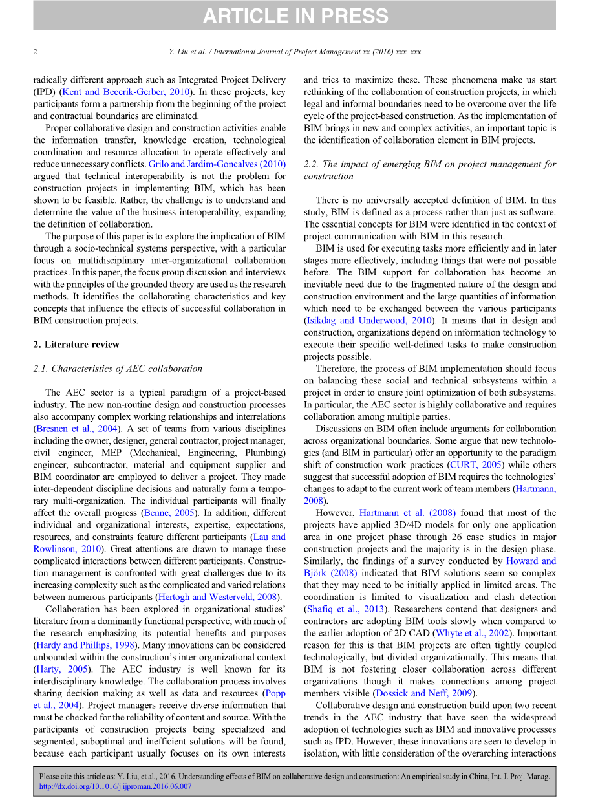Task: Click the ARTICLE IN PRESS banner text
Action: [x=295, y=16]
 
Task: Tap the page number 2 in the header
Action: [x=36, y=52]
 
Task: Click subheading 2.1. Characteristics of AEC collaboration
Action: [x=118, y=369]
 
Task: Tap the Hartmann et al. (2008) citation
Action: [x=407, y=513]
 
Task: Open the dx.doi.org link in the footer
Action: [x=116, y=787]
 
